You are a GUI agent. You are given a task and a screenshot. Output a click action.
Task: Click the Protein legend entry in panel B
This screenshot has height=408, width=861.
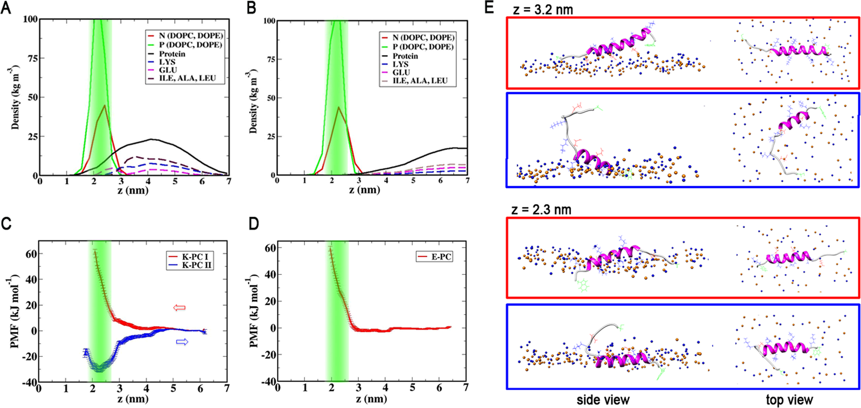coord(406,56)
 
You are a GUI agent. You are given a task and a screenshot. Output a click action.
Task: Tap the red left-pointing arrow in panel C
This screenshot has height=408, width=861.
coord(179,308)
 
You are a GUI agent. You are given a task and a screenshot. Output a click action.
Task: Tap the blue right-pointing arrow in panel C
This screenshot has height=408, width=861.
coord(182,342)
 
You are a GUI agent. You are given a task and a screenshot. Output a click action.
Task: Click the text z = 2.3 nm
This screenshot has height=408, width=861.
coord(541,210)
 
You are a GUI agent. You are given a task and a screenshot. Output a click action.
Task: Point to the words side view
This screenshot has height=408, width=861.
coord(603,400)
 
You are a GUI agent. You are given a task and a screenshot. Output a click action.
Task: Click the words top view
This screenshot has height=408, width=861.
coord(789,400)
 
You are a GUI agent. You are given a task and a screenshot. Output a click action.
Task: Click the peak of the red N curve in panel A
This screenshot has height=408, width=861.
coord(105,106)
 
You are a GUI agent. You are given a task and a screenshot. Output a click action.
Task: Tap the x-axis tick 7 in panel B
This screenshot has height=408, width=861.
coord(467,181)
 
